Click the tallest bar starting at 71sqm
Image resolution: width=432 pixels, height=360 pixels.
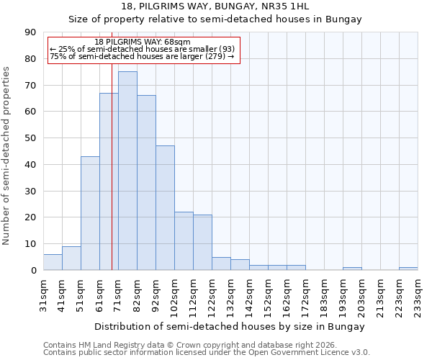(127, 171)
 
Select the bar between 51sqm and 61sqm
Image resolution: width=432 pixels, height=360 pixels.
(90, 213)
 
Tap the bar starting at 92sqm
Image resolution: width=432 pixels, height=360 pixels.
(165, 208)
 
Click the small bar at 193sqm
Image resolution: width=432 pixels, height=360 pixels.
(352, 269)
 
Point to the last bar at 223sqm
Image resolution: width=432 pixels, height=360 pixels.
(408, 269)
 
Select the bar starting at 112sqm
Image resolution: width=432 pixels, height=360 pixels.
(202, 243)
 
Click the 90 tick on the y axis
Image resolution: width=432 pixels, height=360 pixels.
(31, 32)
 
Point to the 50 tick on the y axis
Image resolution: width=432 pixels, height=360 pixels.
(31, 138)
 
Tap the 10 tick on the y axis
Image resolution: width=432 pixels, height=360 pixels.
(31, 244)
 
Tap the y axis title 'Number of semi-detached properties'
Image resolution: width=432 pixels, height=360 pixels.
(6, 156)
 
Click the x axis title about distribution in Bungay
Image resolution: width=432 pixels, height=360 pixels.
(229, 326)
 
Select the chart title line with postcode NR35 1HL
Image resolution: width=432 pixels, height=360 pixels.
(215, 6)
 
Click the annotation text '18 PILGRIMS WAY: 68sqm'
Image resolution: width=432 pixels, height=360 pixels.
(143, 42)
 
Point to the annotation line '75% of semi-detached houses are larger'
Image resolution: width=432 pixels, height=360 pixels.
(142, 56)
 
